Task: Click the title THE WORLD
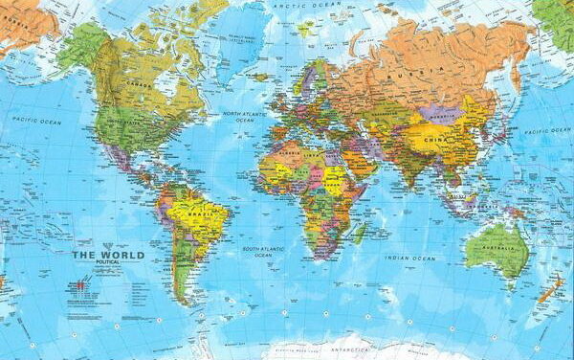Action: [x=108, y=255]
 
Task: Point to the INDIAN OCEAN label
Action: [x=409, y=258]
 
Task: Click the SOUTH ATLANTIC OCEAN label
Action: [x=262, y=252]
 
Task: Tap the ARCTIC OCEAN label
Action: [x=293, y=5]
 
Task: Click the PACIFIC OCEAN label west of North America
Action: [x=36, y=122]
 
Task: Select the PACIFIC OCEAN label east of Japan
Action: [x=547, y=130]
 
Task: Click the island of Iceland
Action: [x=260, y=76]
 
